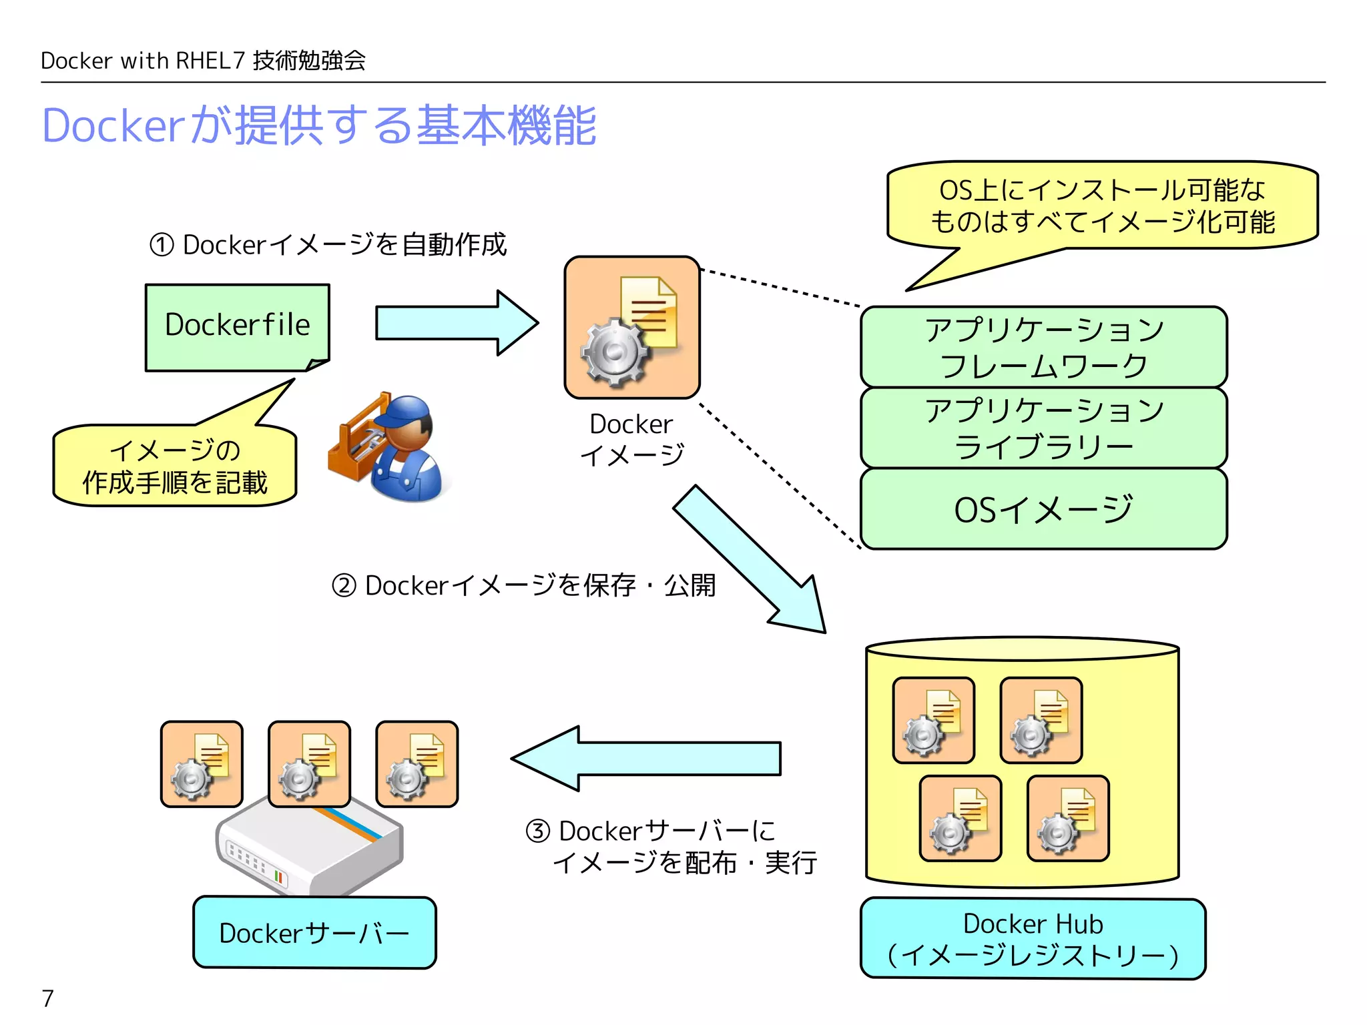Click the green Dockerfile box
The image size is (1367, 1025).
[x=237, y=327]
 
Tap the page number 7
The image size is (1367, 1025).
[x=47, y=998]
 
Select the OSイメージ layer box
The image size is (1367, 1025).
[x=1043, y=509]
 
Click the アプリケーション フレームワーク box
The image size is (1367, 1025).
[x=1043, y=347]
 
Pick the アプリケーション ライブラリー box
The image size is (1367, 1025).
[x=1043, y=428]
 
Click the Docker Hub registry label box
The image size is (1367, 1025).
[x=1033, y=939]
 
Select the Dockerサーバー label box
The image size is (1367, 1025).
[x=314, y=933]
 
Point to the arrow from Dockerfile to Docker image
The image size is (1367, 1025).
[x=457, y=323]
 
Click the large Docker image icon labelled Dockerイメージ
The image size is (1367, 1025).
[x=632, y=328]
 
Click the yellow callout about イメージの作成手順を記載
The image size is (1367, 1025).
[x=175, y=466]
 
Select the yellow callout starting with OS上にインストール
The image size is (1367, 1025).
[x=1102, y=206]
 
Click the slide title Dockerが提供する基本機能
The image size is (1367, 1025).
[x=319, y=125]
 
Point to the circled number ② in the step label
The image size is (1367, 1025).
[x=344, y=586]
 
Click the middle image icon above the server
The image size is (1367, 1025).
[x=309, y=764]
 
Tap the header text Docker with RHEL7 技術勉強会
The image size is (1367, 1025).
[x=203, y=61]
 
